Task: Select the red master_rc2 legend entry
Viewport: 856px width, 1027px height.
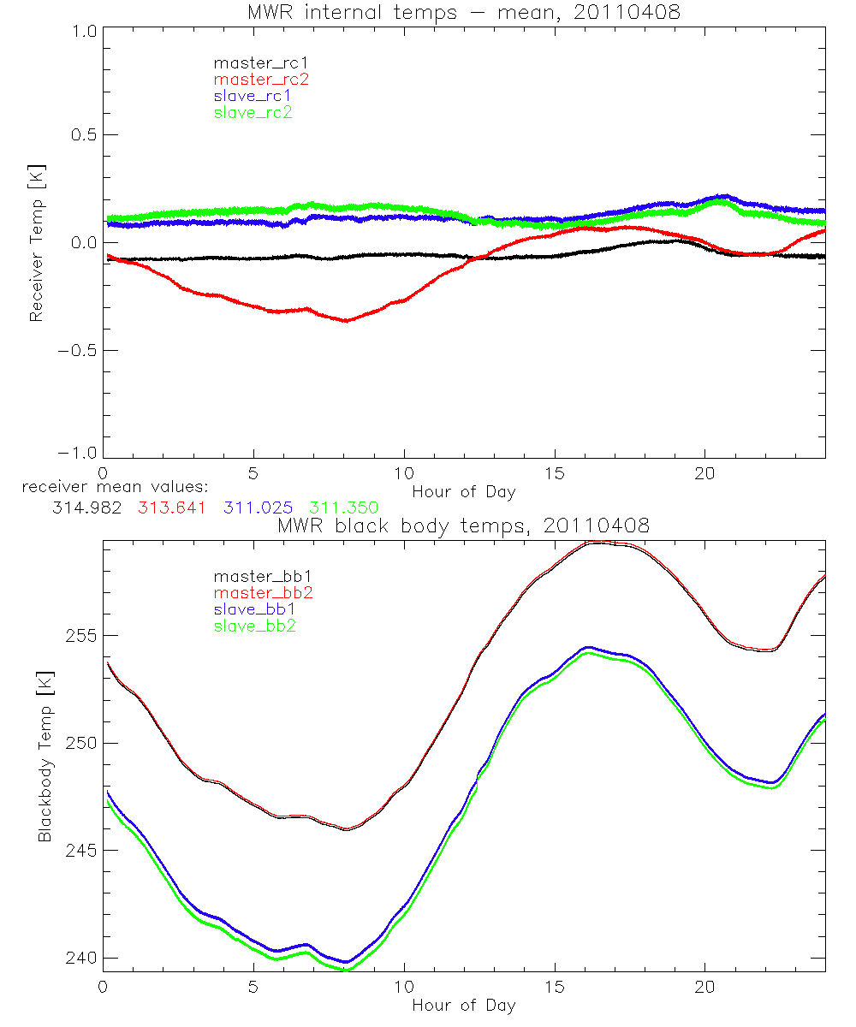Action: [x=261, y=79]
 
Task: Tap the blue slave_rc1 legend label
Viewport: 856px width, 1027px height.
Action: [x=253, y=95]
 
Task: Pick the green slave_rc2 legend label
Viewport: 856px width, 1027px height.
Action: [x=253, y=112]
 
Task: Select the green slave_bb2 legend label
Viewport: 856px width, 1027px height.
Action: [x=254, y=626]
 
